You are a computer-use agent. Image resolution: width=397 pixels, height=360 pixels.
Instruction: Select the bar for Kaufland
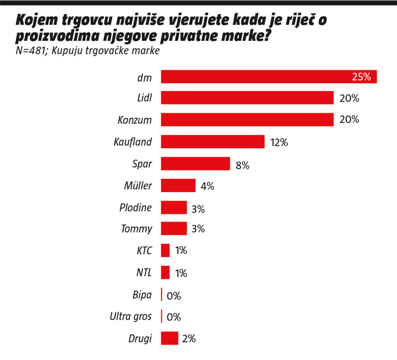213,142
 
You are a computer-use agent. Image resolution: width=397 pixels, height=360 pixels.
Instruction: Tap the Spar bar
195,164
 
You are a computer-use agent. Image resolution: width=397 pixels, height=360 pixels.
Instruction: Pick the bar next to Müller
178,185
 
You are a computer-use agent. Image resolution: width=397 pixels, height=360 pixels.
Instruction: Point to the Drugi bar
170,338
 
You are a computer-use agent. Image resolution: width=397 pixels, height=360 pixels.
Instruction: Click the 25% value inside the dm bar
361,77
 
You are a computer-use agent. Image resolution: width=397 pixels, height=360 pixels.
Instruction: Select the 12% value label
278,142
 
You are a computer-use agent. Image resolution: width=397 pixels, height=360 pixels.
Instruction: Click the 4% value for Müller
206,187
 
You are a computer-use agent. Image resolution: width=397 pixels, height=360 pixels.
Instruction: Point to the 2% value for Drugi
189,339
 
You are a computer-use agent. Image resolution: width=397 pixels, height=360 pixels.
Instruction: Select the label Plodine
136,207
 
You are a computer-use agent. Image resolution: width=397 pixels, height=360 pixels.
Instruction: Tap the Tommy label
137,229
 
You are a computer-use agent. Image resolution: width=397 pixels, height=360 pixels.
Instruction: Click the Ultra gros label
131,317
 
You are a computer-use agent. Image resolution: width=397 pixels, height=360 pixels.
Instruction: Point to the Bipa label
142,295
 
